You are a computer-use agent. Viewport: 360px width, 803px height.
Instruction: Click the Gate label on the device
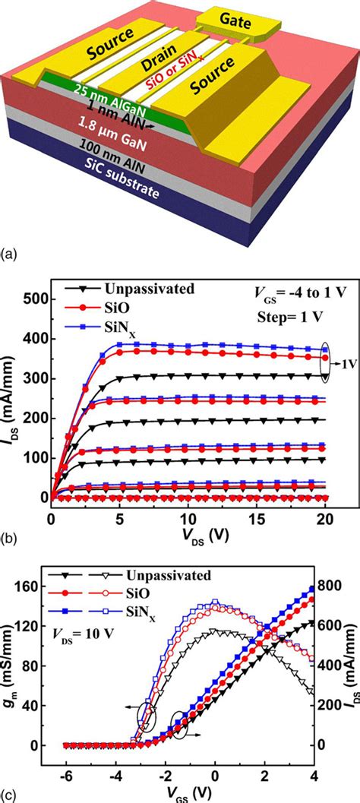242,19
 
